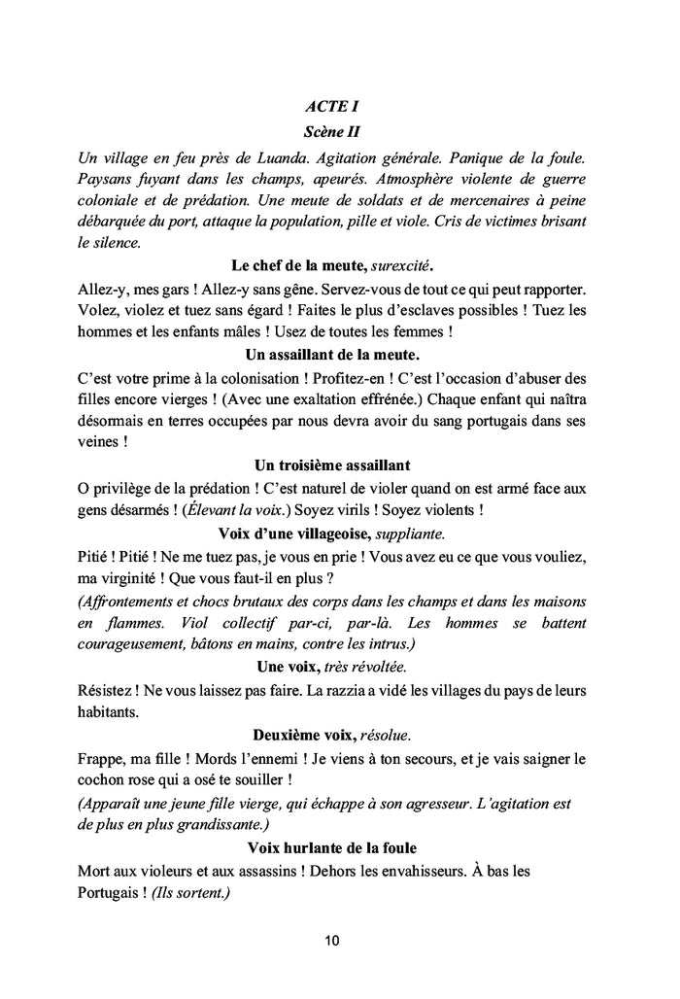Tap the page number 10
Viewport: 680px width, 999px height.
pos(332,941)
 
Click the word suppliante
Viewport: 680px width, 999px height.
pos(411,534)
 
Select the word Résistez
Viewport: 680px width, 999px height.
pos(107,690)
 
